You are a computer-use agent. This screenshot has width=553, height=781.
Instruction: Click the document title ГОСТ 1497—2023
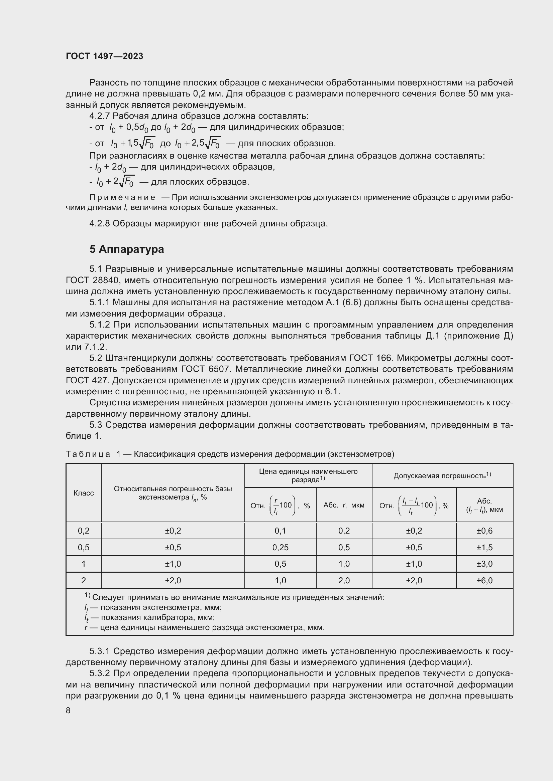[105, 56]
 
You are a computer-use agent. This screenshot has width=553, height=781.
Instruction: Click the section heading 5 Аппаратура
[127, 249]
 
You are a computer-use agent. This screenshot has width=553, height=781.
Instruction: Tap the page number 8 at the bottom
[68, 710]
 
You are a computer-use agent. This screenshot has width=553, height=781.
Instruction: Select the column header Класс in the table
[84, 493]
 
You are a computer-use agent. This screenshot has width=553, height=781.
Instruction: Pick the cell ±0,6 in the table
[484, 531]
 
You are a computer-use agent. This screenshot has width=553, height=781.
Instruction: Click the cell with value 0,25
[280, 548]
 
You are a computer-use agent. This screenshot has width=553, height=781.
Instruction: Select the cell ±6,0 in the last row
[484, 581]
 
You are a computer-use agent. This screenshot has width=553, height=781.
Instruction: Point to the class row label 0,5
[84, 548]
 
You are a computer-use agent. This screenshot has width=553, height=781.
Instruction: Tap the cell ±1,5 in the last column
[484, 548]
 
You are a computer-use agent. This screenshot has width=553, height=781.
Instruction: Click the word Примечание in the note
[122, 198]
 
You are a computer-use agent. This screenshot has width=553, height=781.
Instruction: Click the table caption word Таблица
[88, 454]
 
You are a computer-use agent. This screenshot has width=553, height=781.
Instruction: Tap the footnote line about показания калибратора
[150, 617]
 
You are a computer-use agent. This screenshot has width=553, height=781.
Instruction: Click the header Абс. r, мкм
[344, 505]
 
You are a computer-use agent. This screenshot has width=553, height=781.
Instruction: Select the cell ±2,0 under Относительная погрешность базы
[173, 581]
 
